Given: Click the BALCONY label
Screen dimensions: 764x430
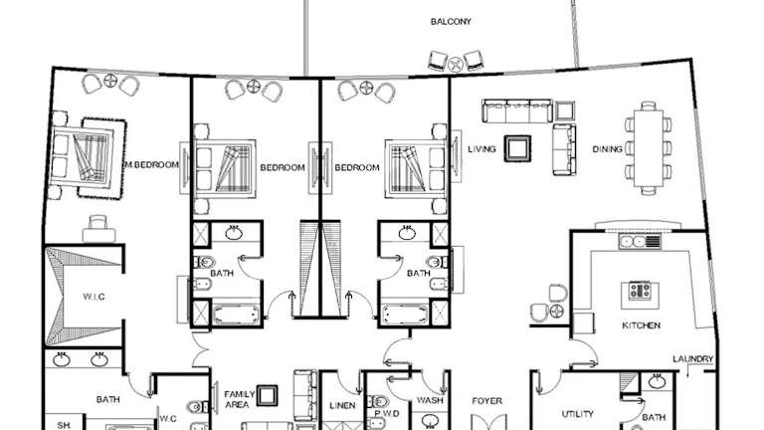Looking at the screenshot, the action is pos(451,22).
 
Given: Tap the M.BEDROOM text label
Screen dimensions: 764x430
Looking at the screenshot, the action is pos(152,165).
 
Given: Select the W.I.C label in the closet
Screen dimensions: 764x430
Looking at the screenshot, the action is pos(94,297).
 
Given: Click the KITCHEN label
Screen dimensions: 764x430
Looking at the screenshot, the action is pos(642,325).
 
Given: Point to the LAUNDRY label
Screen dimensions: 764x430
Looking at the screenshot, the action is pos(692,358).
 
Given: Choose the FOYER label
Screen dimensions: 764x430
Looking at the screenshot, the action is pos(486,401).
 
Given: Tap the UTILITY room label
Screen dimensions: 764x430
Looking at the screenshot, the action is pos(578,414).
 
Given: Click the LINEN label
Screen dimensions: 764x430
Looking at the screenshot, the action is pos(342,405).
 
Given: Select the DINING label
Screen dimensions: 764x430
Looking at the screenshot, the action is pos(608,149).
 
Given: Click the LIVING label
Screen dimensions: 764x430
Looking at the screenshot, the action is pos(481,149).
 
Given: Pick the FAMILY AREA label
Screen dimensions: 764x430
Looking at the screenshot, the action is pos(239,399).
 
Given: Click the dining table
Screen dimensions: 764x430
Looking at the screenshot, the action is pos(648,147).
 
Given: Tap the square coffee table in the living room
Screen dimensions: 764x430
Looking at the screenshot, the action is pos(517,148).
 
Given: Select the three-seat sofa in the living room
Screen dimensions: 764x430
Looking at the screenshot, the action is pos(517,111).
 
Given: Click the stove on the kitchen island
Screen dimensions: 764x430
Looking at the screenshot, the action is pos(640,291).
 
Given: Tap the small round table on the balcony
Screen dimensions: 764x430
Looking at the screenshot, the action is pos(455,64).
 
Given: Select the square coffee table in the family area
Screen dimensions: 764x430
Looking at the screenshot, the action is pos(267,395).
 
